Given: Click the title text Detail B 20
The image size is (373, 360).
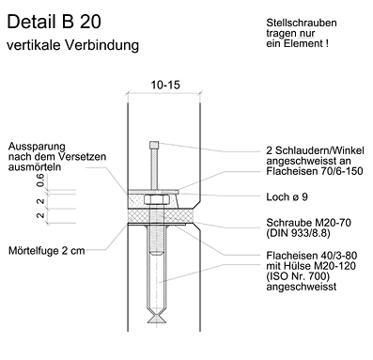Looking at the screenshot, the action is pos(54,22).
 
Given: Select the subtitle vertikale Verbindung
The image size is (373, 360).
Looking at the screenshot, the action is pos(72,45).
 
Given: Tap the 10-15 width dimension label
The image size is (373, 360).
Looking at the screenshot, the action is pos(165,85).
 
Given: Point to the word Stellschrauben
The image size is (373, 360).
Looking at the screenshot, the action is pos(302,23).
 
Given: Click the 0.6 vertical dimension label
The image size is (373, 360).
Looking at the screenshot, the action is pos(40,180).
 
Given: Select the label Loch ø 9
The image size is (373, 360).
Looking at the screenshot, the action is pos(287,196).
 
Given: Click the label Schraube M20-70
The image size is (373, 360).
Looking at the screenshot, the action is pos(309,223).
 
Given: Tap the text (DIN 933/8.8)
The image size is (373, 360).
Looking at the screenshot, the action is pos(298,233).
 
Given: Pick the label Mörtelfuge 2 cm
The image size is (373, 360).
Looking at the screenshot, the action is pos(47,251).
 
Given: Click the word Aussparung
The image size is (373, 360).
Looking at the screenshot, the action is pos(37,147).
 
